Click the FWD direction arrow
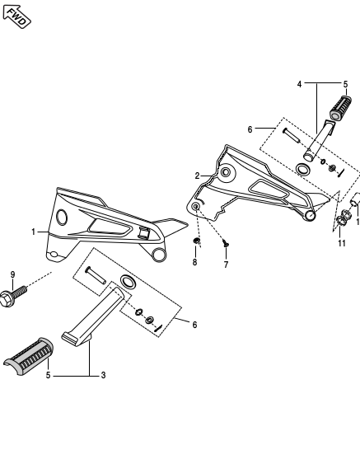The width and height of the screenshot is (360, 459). (16, 16)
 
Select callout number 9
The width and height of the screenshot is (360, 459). (12, 274)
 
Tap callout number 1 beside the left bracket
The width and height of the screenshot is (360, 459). (34, 232)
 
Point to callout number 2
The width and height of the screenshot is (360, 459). (197, 176)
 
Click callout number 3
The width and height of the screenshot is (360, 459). (103, 376)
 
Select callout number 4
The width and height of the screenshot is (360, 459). (300, 84)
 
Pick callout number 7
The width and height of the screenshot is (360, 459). (225, 265)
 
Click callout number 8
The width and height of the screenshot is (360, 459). (194, 262)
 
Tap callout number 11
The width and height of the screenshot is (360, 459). (341, 243)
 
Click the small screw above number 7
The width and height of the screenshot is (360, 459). (226, 243)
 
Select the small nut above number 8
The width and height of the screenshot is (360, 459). (196, 241)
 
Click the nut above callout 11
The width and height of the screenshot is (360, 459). (344, 218)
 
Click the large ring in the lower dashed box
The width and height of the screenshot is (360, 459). (128, 283)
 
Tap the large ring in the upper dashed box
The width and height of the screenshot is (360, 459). (303, 170)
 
